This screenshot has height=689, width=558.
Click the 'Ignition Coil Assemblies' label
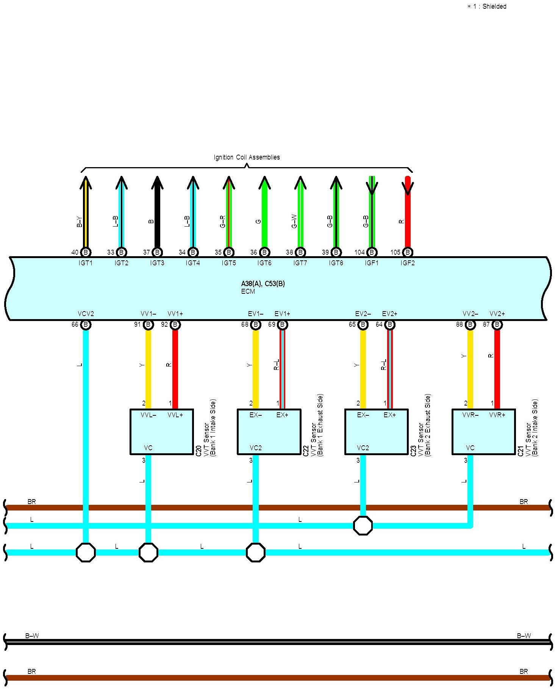pos(247,157)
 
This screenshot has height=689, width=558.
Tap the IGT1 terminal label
pos(86,263)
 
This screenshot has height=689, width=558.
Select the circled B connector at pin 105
pos(408,252)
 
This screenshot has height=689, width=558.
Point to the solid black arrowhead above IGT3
pos(157,183)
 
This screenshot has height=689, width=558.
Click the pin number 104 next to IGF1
pos(359,252)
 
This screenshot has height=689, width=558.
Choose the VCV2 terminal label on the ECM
pos(86,314)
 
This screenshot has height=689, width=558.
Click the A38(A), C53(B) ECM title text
pos(263,284)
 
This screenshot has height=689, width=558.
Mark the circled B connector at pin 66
pos(86,325)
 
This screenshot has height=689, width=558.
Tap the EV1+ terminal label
pos(282,314)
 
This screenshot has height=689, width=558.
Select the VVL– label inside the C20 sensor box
pos(148,415)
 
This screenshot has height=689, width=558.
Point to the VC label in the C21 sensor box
pos(470,448)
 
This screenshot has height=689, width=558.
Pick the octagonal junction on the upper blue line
pos(363,526)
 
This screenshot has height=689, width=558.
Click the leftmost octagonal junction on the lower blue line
pos(86,553)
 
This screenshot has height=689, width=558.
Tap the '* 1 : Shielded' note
pos(487,6)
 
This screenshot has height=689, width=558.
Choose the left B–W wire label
pos(32,636)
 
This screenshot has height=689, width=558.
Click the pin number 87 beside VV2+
pos(486,325)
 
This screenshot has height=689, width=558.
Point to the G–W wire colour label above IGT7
pos(294,221)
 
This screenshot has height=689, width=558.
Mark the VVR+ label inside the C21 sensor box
pos(497,415)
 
